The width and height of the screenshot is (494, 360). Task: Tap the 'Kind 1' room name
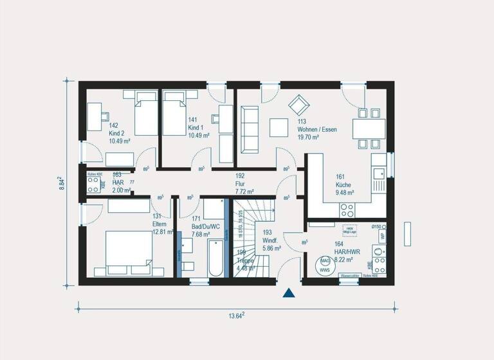tap(196, 128)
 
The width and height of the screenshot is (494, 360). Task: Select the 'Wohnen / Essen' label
tap(317, 129)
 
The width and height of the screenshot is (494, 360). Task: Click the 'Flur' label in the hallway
tap(241, 183)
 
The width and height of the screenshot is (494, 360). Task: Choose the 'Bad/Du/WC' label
tap(206, 227)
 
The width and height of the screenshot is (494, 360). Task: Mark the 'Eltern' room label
tap(159, 224)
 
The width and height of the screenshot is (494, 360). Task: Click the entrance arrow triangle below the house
tap(289, 294)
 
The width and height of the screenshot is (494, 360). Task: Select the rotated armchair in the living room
tap(297, 104)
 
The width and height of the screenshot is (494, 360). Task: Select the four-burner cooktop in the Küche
tap(348, 209)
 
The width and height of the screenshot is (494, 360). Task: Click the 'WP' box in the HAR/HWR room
tap(383, 236)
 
